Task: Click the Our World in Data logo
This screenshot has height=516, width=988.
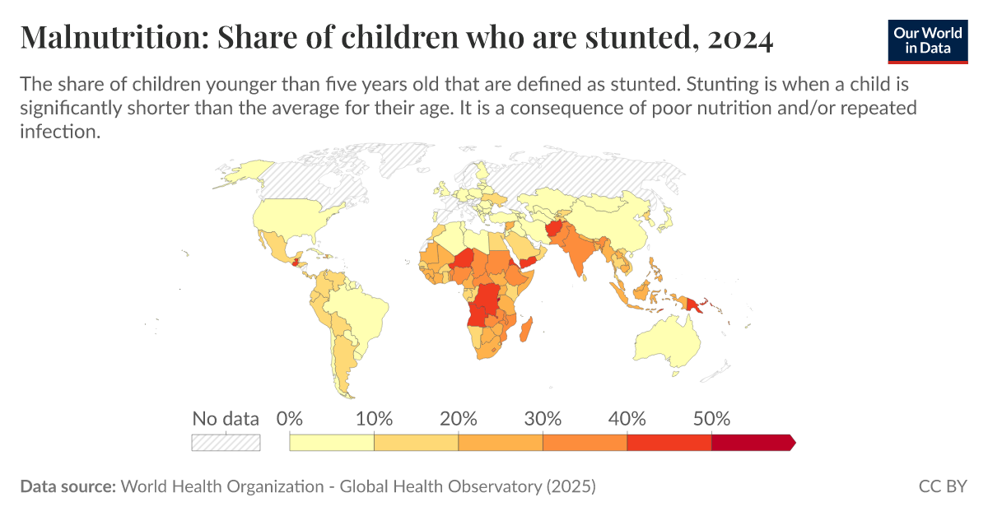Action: coord(927,39)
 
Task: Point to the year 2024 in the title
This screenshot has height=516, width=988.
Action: coord(739,38)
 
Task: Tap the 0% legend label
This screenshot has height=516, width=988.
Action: coord(290,418)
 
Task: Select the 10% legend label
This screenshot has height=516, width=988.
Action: coord(374,418)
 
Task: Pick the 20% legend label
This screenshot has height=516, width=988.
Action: coord(459,418)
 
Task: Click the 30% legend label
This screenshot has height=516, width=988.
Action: coord(543,418)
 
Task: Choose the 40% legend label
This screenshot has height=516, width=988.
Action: coord(627,418)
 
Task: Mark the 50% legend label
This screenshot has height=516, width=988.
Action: coord(711,418)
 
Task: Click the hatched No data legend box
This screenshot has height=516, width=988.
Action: coord(226,443)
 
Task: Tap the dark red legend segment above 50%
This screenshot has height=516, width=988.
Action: coord(752,443)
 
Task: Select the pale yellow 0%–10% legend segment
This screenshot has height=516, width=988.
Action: coord(332,443)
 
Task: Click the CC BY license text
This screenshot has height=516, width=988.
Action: coord(943,486)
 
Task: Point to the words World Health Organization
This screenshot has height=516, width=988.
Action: coord(222,486)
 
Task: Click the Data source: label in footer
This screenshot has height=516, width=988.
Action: coord(68,486)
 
